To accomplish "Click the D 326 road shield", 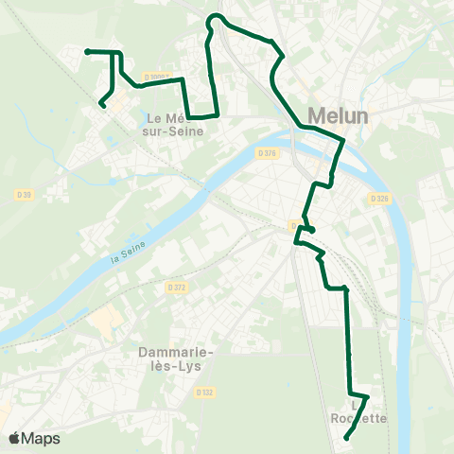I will click(380, 199).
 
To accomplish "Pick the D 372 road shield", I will click(176, 287).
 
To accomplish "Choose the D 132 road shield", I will click(205, 392).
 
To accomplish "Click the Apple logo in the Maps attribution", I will click(14, 438).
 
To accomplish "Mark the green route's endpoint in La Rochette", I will click(346, 437).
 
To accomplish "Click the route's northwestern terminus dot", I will click(87, 51).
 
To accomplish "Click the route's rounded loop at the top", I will click(217, 18).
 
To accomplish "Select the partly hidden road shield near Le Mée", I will click(158, 78).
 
